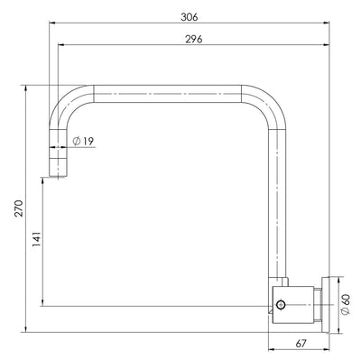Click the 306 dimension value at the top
pos(189,17)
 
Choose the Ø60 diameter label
pos(346,306)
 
